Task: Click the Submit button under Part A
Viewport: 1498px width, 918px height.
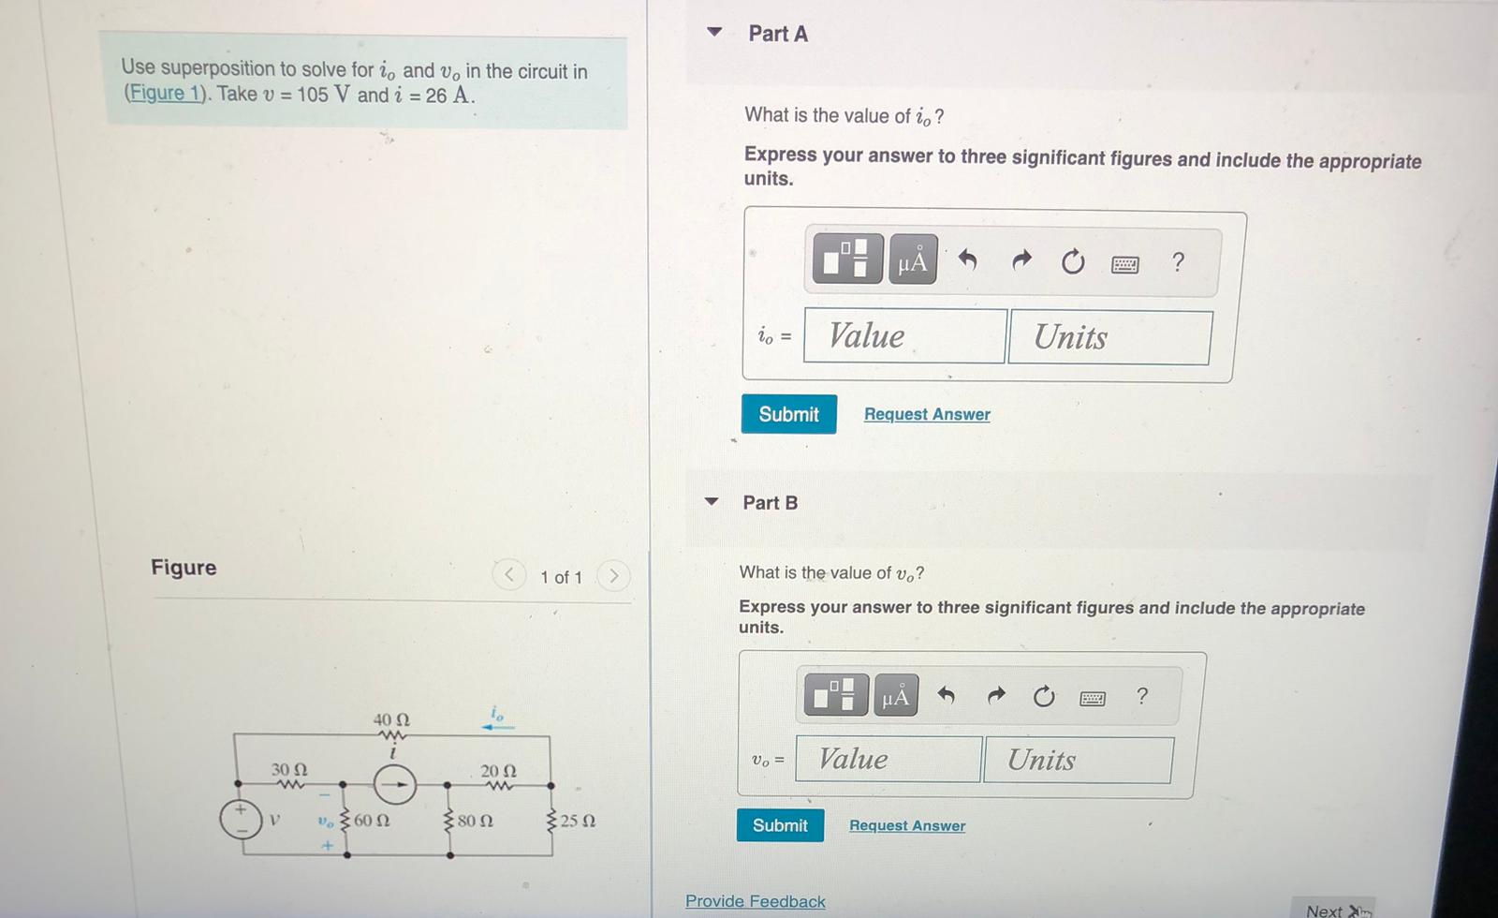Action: tap(788, 414)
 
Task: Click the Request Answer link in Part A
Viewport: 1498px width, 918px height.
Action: tap(926, 414)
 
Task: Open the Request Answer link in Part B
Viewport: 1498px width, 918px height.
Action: tap(906, 825)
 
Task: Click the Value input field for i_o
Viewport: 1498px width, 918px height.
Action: tap(904, 336)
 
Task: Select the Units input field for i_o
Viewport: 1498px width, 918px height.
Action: tap(1109, 337)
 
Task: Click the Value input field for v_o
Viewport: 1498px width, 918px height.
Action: tap(889, 759)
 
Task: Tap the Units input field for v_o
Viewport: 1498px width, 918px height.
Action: tap(1078, 760)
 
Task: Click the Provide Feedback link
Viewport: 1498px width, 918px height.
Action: tap(755, 901)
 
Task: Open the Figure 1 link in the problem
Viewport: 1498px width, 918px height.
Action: tap(165, 94)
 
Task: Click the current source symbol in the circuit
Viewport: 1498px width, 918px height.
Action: tap(395, 785)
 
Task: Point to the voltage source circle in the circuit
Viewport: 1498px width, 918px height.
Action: tap(241, 819)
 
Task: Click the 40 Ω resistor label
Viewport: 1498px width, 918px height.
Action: tap(391, 720)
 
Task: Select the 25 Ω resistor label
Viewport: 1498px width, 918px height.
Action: tap(578, 821)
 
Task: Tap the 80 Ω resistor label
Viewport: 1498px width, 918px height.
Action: tap(475, 821)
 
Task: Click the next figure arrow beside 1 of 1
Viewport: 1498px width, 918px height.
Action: tap(613, 575)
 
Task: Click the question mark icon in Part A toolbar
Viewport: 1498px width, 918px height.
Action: tap(1178, 262)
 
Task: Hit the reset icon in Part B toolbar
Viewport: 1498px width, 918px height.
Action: tap(1043, 697)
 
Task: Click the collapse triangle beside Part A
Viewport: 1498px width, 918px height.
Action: tap(714, 33)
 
